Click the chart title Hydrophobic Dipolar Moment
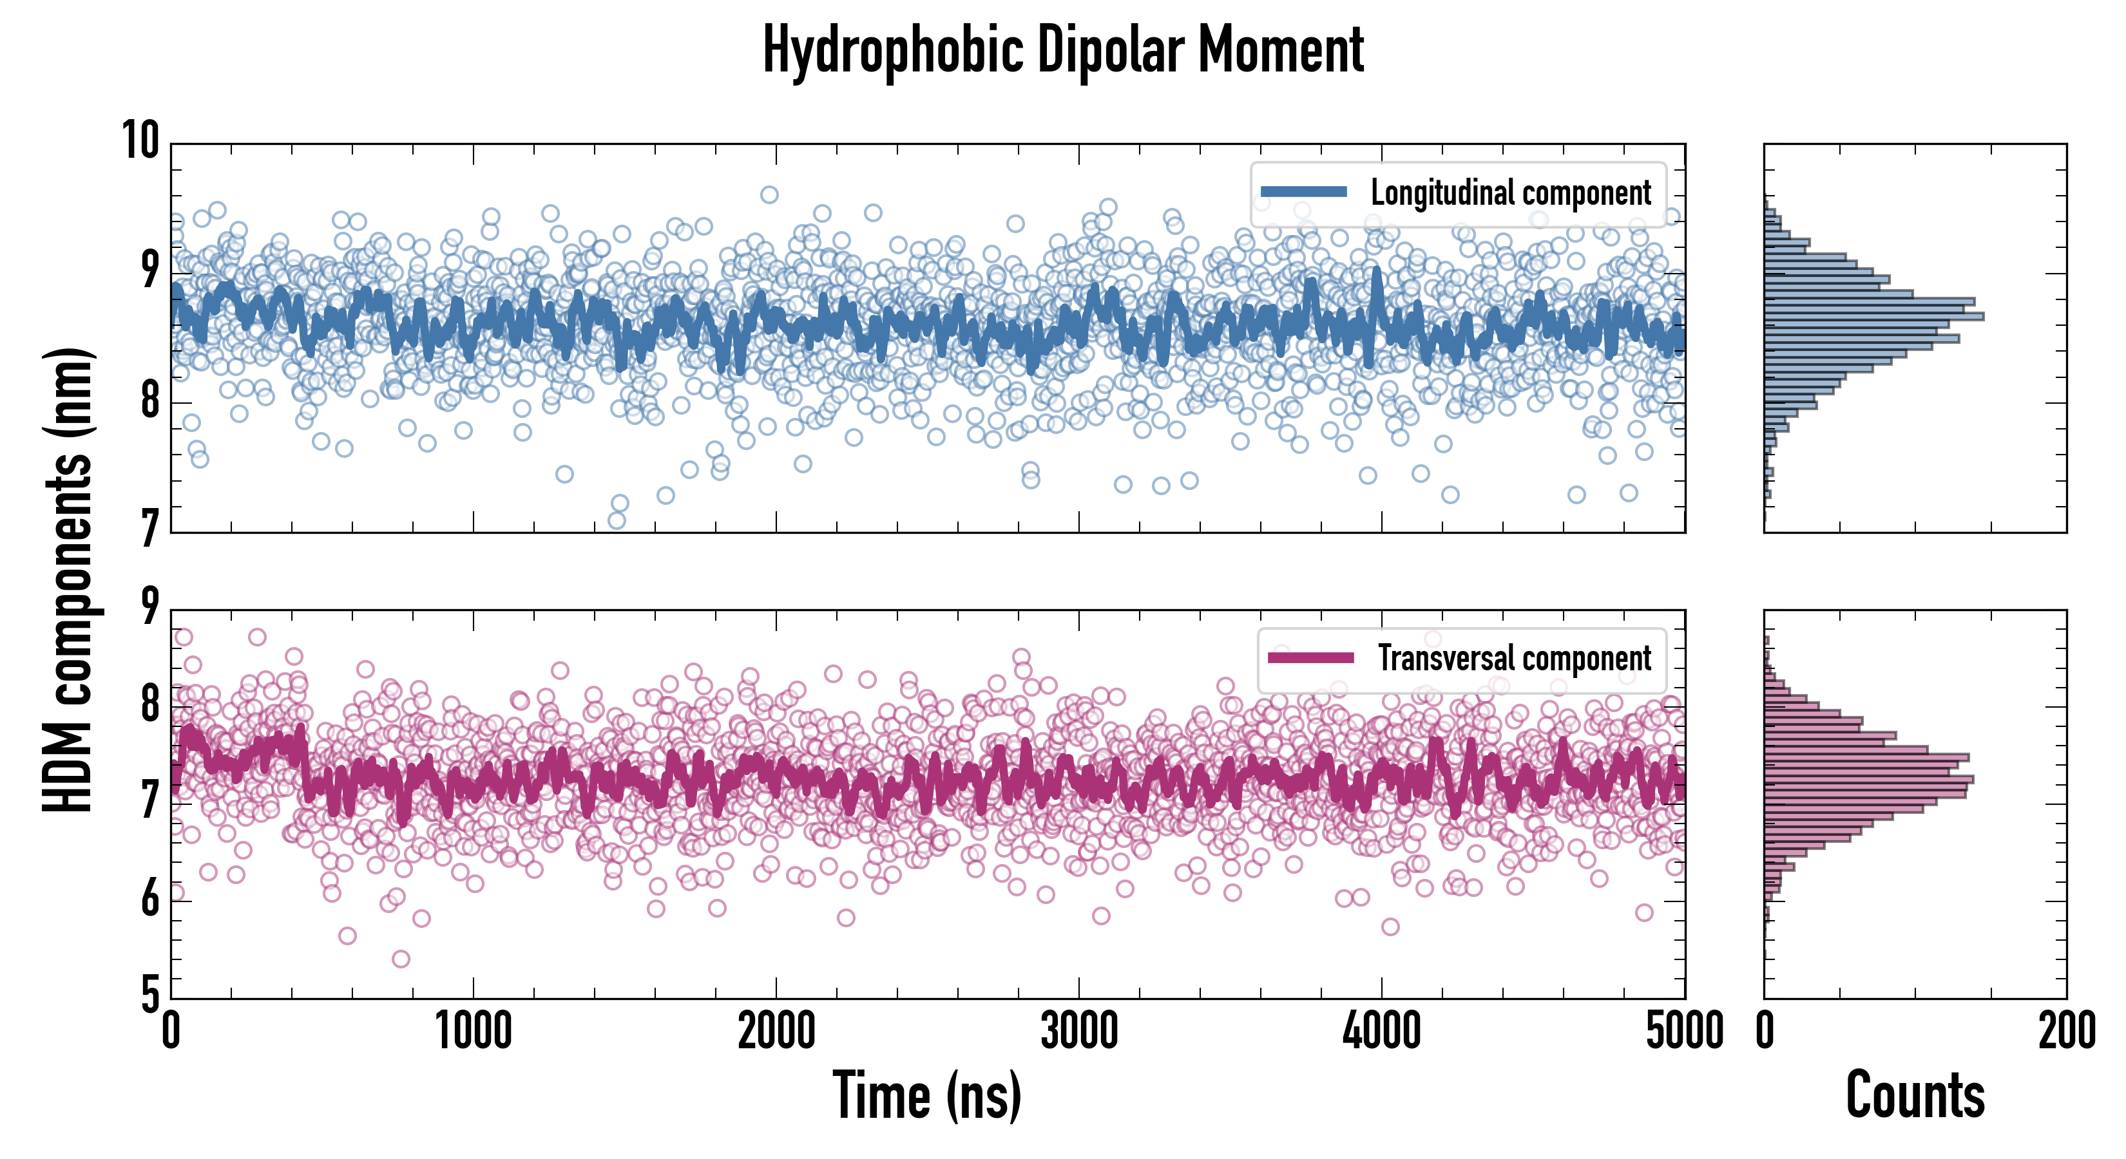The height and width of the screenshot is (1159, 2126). (x=1063, y=51)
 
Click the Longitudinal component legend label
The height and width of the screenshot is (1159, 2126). (x=1510, y=193)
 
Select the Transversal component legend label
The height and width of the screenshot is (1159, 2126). (x=1515, y=658)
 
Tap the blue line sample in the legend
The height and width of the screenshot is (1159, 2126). (x=1304, y=193)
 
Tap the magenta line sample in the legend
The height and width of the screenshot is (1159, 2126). (x=1310, y=657)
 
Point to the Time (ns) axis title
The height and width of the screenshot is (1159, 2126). (x=927, y=1095)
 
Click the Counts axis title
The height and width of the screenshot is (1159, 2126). (x=1915, y=1095)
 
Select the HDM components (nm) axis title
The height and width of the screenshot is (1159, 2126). (x=68, y=581)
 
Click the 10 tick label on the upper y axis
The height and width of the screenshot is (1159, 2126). (x=140, y=140)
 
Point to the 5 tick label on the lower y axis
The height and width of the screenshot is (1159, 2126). (x=150, y=995)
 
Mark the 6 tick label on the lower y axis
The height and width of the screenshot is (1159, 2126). (x=150, y=899)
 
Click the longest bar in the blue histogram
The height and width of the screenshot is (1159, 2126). (x=1873, y=317)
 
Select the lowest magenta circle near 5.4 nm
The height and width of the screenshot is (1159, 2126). (x=401, y=959)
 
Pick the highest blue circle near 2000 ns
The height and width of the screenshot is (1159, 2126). (x=769, y=194)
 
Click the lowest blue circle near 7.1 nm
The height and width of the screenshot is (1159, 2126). (x=617, y=520)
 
